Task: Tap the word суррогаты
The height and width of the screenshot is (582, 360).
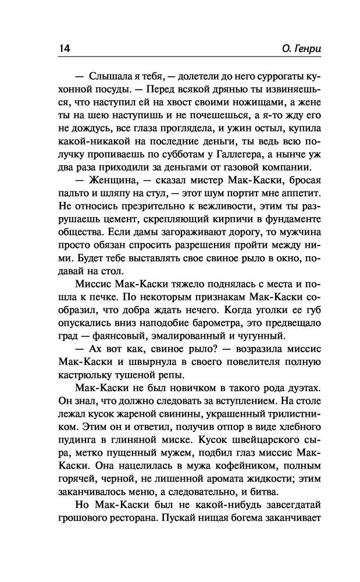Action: [261, 77]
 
